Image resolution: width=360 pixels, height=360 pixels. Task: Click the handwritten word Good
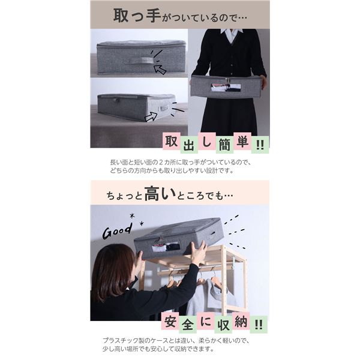pyautogui.click(x=118, y=230)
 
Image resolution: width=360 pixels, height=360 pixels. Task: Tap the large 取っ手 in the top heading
pyautogui.click(x=137, y=16)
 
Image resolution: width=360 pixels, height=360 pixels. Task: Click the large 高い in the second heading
pyautogui.click(x=160, y=194)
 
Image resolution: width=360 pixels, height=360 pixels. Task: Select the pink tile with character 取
pyautogui.click(x=172, y=141)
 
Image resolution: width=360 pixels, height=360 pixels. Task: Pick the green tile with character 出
pyautogui.click(x=189, y=145)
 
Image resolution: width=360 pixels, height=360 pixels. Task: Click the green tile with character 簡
pyautogui.click(x=224, y=145)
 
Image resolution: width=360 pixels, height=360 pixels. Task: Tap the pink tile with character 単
pyautogui.click(x=242, y=141)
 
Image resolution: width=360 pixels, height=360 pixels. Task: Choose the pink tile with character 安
pyautogui.click(x=170, y=321)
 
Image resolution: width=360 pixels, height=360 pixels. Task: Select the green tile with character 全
pyautogui.click(x=188, y=325)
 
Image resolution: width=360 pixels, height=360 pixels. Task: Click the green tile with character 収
pyautogui.click(x=223, y=325)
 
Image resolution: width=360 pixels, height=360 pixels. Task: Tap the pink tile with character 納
pyautogui.click(x=241, y=321)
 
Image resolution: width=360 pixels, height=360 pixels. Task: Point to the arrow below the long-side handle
pyautogui.click(x=160, y=68)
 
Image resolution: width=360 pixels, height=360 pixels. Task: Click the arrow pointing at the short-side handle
pyautogui.click(x=151, y=116)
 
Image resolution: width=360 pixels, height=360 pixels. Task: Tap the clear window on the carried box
pyautogui.click(x=226, y=88)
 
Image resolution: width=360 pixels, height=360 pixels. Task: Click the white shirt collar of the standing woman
pyautogui.click(x=232, y=35)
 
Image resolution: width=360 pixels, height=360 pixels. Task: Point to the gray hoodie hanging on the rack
pyautogui.click(x=208, y=296)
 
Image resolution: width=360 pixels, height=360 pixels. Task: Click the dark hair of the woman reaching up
pyautogui.click(x=113, y=271)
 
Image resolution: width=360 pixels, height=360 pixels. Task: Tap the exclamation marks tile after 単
pyautogui.click(x=260, y=145)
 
